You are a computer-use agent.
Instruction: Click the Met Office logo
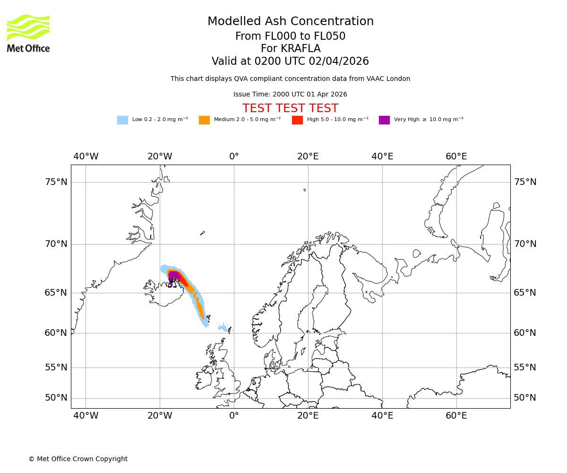coord(28,33)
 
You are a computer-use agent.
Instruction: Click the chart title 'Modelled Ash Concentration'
coord(291,22)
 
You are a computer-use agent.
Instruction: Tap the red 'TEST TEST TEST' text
coord(290,109)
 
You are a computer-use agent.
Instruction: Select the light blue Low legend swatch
coord(122,120)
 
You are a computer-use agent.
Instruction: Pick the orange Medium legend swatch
coord(204,120)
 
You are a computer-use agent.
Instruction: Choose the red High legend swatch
coord(297,120)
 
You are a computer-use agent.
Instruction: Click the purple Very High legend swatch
coord(384,120)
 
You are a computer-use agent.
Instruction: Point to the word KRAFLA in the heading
coord(301,49)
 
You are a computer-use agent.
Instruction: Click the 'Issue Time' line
coord(290,95)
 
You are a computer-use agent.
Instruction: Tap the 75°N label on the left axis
coord(56,182)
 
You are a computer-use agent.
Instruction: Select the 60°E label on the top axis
coord(456,157)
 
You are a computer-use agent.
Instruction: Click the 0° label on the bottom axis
coord(234,416)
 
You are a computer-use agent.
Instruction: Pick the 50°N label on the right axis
coord(525,398)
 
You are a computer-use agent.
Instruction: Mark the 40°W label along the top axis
coord(86,157)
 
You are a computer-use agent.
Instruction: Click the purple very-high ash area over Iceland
coord(174,275)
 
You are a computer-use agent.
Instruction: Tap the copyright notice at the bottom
coord(78,459)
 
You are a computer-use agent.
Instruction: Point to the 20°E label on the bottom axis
coord(308,416)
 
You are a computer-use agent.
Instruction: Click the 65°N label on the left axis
coord(56,293)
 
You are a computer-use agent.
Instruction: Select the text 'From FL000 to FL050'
coord(290,36)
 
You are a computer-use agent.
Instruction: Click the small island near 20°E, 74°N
coord(305,190)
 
